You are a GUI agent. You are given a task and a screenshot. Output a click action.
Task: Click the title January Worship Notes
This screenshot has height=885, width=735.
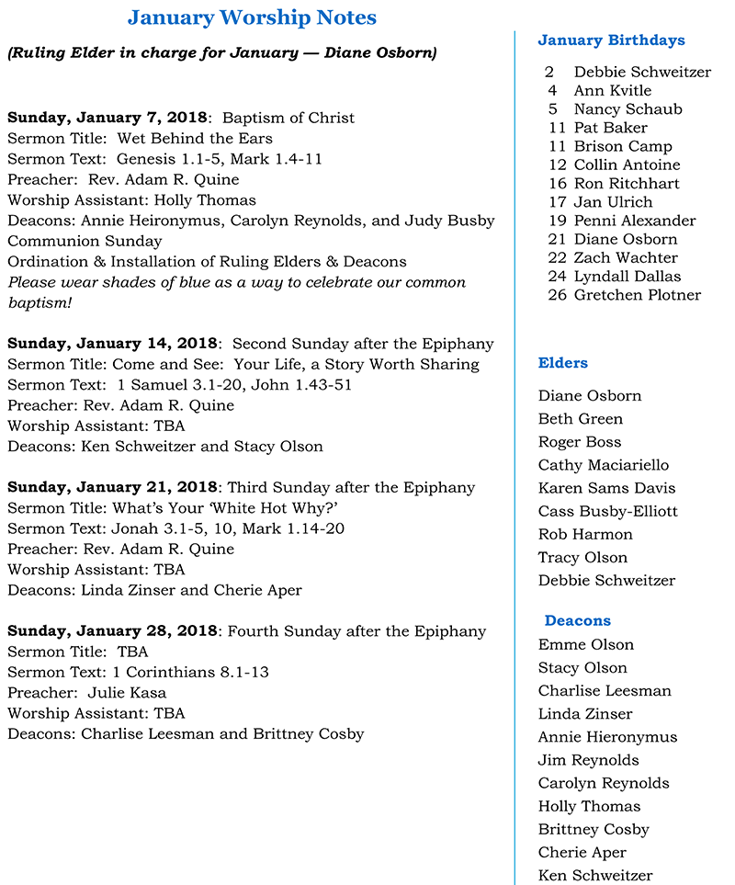pyautogui.click(x=252, y=17)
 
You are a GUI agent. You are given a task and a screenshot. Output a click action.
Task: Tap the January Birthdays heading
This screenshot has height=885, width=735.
pyautogui.click(x=611, y=40)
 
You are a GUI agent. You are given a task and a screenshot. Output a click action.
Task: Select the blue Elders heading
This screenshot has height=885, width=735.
pyautogui.click(x=563, y=363)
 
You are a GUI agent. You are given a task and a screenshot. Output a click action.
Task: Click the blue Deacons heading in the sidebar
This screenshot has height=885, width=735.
pyautogui.click(x=577, y=620)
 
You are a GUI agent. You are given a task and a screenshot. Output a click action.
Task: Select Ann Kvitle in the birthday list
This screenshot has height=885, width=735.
pyautogui.click(x=612, y=90)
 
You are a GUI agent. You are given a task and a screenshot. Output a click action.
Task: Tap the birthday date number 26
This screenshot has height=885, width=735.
pyautogui.click(x=556, y=295)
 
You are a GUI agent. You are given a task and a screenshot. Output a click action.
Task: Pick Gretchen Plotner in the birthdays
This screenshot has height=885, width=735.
pyautogui.click(x=637, y=295)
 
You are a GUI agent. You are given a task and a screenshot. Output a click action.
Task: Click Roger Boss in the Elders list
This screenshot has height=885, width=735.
pyautogui.click(x=580, y=442)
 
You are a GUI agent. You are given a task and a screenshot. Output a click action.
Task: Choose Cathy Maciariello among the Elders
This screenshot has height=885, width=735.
pyautogui.click(x=604, y=465)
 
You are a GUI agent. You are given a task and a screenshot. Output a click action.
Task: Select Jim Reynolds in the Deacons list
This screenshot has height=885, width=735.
pyautogui.click(x=588, y=760)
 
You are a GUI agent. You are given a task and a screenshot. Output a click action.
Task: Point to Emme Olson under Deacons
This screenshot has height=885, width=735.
pyautogui.click(x=586, y=644)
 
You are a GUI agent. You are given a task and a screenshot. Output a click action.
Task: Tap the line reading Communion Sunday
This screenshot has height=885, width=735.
pyautogui.click(x=85, y=241)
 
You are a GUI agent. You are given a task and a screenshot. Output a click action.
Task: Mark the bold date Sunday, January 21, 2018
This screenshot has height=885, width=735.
pyautogui.click(x=113, y=487)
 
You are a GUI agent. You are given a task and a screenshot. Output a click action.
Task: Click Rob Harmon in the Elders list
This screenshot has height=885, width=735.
pyautogui.click(x=585, y=534)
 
